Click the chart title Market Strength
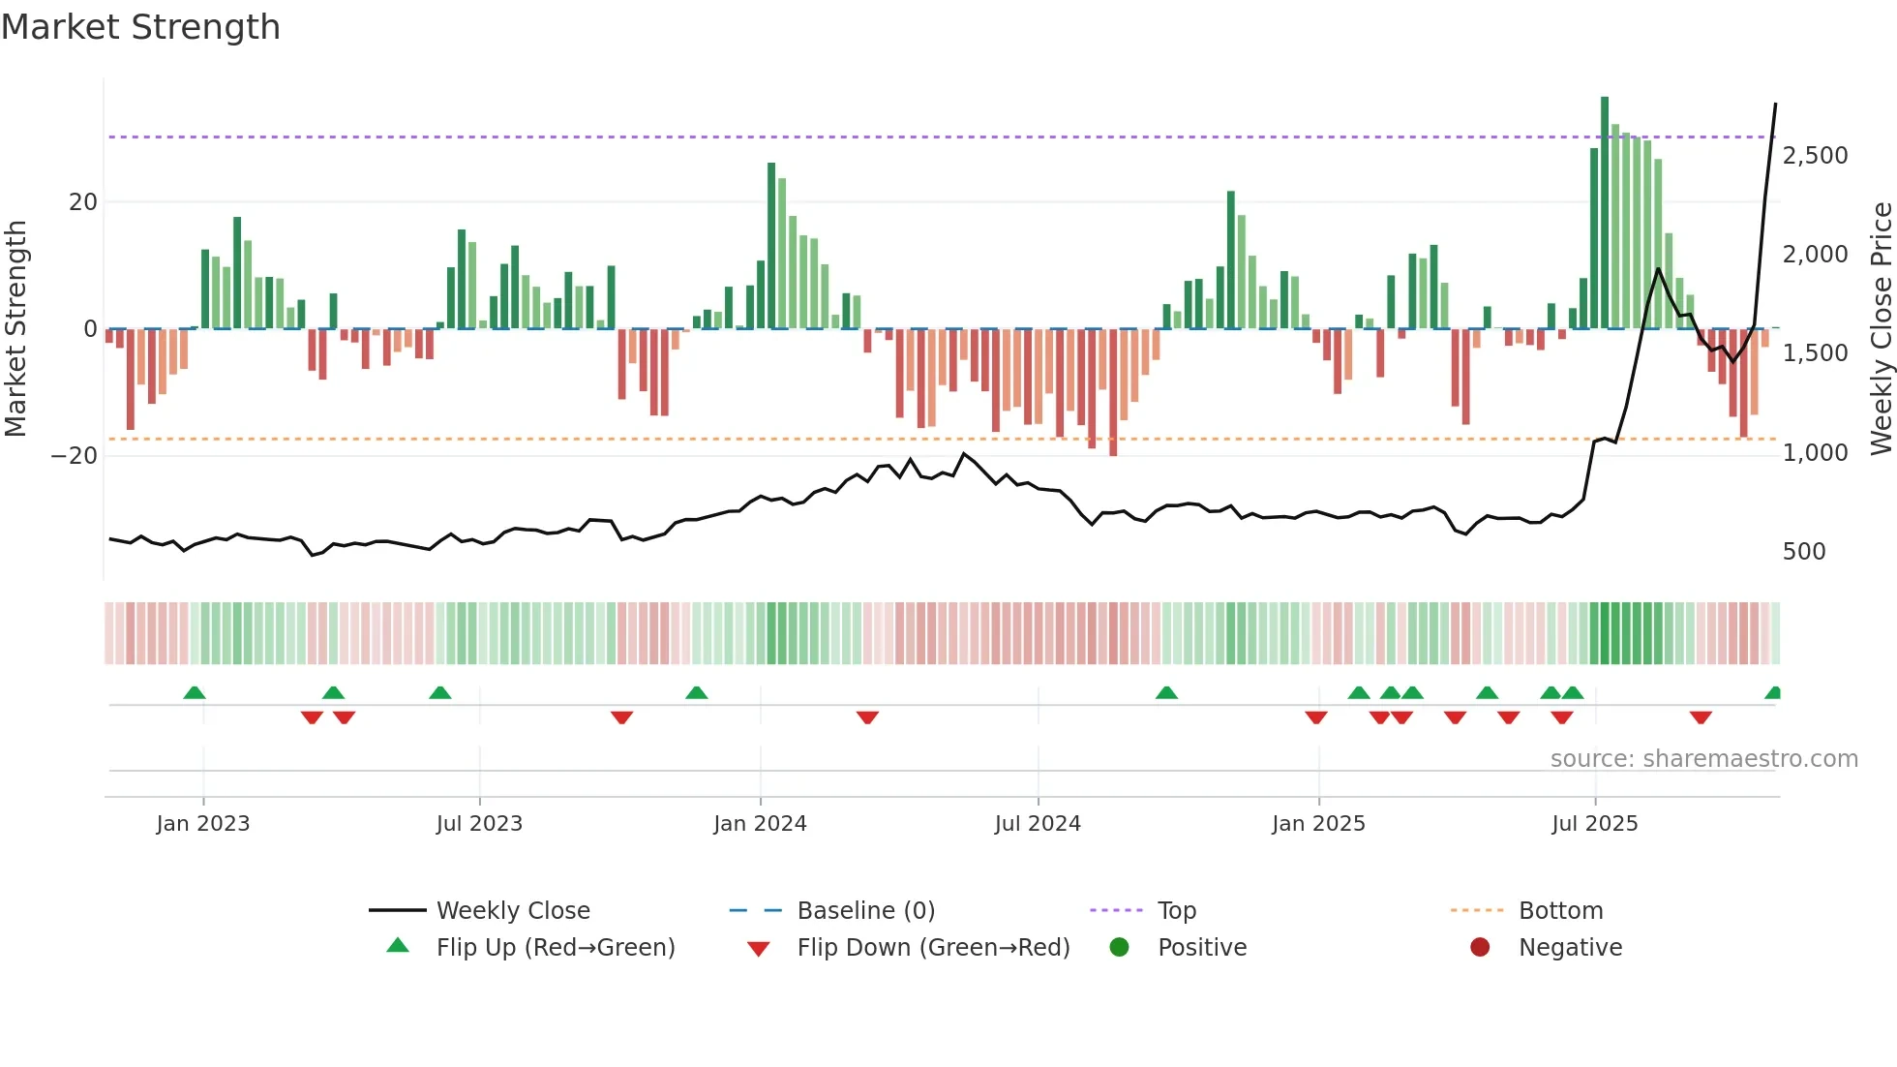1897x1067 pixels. pyautogui.click(x=140, y=27)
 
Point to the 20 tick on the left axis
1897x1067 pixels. pyautogui.click(x=83, y=202)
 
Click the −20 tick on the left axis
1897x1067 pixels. pyautogui.click(x=75, y=456)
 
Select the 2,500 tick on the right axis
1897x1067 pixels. pyautogui.click(x=1815, y=156)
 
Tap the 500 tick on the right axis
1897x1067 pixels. pyautogui.click(x=1803, y=552)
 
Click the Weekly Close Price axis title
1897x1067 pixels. pyautogui.click(x=1881, y=329)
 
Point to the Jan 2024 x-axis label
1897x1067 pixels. pyautogui.click(x=760, y=824)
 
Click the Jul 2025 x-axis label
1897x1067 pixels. pyautogui.click(x=1594, y=824)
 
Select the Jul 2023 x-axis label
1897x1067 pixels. pyautogui.click(x=479, y=824)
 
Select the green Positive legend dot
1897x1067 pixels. pyautogui.click(x=1120, y=948)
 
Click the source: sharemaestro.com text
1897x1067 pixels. pyautogui.click(x=1703, y=759)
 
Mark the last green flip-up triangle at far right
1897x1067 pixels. pyautogui.click(x=1773, y=693)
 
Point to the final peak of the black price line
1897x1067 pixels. pyautogui.click(x=1775, y=105)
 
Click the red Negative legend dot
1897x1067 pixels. pyautogui.click(x=1480, y=948)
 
